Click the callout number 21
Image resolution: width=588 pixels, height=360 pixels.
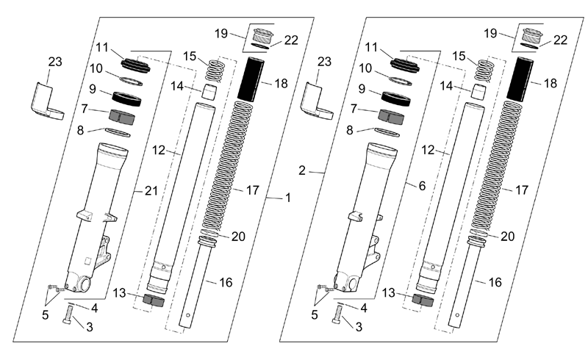click(151, 191)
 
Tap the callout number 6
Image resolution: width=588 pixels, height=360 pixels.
click(422, 186)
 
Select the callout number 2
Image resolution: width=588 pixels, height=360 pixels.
click(302, 170)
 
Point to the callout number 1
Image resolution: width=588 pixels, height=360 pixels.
click(288, 198)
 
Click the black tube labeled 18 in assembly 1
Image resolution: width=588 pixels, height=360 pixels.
click(251, 79)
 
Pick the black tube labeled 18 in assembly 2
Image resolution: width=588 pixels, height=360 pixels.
click(520, 79)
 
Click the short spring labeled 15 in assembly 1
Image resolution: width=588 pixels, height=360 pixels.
click(215, 70)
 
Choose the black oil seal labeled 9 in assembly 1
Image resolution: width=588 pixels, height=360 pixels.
click(126, 98)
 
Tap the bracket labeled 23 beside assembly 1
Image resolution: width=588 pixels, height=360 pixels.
click(46, 102)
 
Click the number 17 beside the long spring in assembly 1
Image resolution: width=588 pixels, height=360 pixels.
click(253, 190)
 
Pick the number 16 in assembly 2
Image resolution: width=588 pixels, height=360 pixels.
click(495, 282)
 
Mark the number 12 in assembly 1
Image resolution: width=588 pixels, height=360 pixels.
click(159, 150)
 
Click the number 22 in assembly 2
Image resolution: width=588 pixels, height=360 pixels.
click(561, 40)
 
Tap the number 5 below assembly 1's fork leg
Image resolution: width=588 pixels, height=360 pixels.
click(45, 315)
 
